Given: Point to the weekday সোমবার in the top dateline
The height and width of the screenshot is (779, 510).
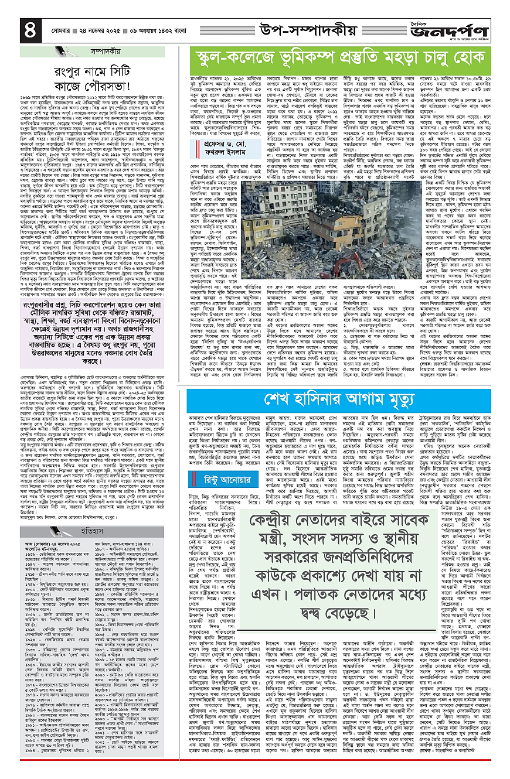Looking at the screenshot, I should click(52, 28).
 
